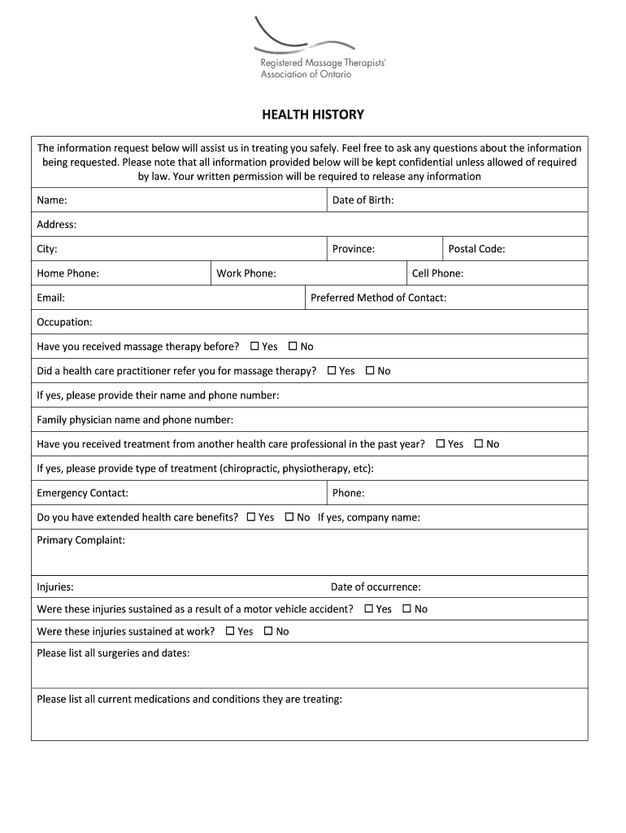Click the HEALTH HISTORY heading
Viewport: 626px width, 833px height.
pyautogui.click(x=312, y=115)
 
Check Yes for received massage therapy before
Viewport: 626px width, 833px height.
pyautogui.click(x=254, y=347)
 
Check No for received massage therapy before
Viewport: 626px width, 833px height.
pyautogui.click(x=293, y=347)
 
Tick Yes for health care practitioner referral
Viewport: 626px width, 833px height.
pyautogui.click(x=332, y=371)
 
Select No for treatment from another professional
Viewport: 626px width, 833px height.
pyautogui.click(x=479, y=444)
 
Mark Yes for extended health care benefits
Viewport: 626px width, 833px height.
pyautogui.click(x=250, y=517)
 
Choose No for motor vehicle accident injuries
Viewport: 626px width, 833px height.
pyautogui.click(x=406, y=608)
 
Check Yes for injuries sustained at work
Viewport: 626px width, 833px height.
pyautogui.click(x=230, y=631)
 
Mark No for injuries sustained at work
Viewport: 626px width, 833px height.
pyautogui.click(x=268, y=631)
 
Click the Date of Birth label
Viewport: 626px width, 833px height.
pyautogui.click(x=363, y=200)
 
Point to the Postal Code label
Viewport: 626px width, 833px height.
pyautogui.click(x=476, y=249)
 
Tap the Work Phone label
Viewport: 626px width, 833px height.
pyautogui.click(x=246, y=273)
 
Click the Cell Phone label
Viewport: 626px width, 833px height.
pyautogui.click(x=437, y=273)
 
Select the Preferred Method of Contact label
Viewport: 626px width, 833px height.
pyautogui.click(x=378, y=298)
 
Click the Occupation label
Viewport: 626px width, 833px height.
pyautogui.click(x=64, y=322)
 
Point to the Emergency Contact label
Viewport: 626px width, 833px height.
pyautogui.click(x=82, y=493)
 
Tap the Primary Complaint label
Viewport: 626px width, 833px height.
pyautogui.click(x=80, y=540)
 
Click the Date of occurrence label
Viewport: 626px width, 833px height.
pyautogui.click(x=376, y=587)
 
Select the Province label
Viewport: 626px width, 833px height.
pyautogui.click(x=354, y=249)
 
